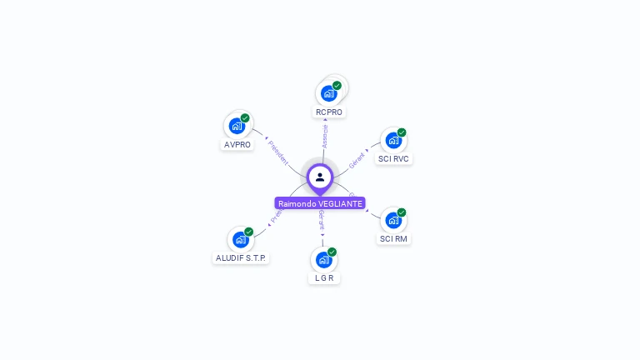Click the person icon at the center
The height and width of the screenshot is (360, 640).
[320, 177]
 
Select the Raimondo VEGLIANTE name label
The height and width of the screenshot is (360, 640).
[320, 203]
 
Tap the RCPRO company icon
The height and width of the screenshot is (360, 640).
[328, 93]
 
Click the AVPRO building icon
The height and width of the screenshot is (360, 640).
[237, 126]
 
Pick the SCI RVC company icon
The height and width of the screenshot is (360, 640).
[392, 140]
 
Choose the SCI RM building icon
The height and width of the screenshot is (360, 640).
[392, 220]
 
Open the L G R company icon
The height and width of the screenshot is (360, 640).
[323, 260]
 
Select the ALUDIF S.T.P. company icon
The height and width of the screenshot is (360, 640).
[240, 239]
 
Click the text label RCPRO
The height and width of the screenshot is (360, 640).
[328, 112]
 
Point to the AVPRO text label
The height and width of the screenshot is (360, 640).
[237, 144]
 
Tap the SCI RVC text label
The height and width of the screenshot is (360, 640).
[393, 158]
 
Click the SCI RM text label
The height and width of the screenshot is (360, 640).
[393, 238]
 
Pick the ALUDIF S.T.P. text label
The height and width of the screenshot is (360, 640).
[240, 258]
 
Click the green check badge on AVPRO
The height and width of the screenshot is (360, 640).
[245, 118]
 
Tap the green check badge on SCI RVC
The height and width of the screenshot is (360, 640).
[401, 132]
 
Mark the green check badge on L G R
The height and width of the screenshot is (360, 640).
[332, 252]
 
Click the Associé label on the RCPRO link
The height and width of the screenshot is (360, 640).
[324, 136]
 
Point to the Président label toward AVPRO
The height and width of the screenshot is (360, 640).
[277, 152]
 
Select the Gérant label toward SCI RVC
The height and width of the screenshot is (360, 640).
[357, 159]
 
